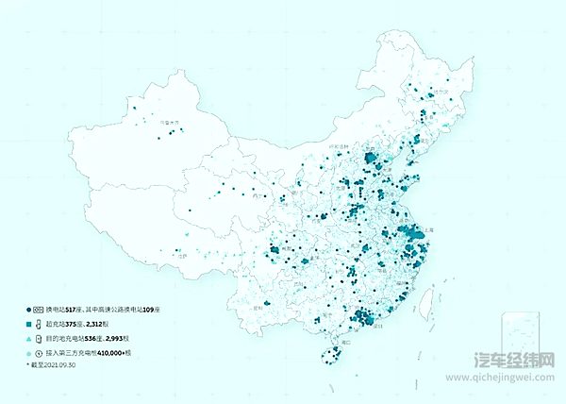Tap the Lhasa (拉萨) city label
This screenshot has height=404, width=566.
point(182,255)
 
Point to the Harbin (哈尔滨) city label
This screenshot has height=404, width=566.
point(441,93)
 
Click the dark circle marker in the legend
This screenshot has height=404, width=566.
point(28,310)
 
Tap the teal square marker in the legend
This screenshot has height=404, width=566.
point(28,324)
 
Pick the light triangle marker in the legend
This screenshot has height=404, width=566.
point(28,337)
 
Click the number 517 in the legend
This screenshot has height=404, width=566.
point(73,310)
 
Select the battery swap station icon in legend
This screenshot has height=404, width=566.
point(40,310)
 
